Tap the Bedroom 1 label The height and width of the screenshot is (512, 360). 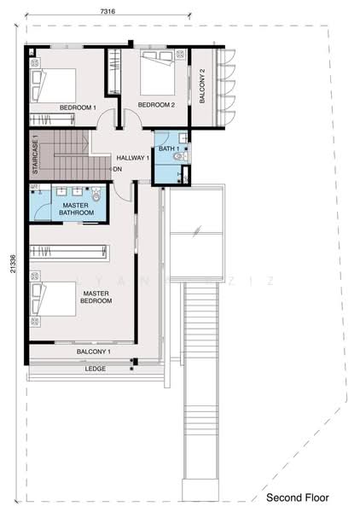[78, 108]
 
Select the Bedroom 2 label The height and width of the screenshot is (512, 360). [156, 105]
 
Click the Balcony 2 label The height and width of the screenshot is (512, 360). [202, 84]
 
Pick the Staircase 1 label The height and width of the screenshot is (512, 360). [36, 155]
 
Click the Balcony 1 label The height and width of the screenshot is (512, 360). [94, 351]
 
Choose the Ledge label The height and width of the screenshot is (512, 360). [96, 369]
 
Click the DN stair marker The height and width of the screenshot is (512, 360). [118, 168]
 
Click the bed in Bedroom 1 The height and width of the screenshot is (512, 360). [54, 84]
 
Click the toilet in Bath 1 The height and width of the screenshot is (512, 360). [178, 155]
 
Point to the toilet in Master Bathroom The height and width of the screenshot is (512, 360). [96, 196]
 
